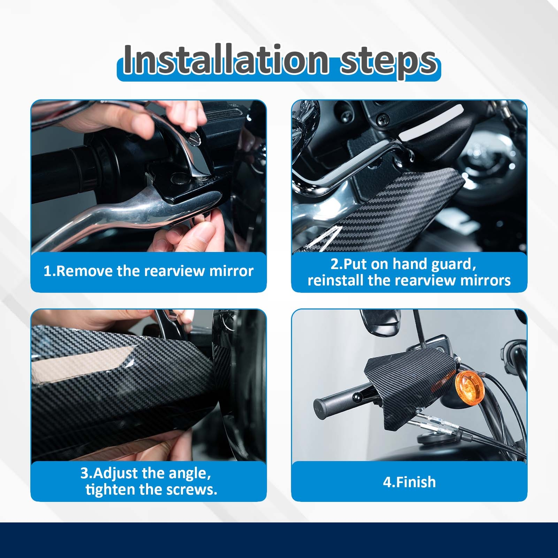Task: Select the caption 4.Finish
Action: click(409, 482)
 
